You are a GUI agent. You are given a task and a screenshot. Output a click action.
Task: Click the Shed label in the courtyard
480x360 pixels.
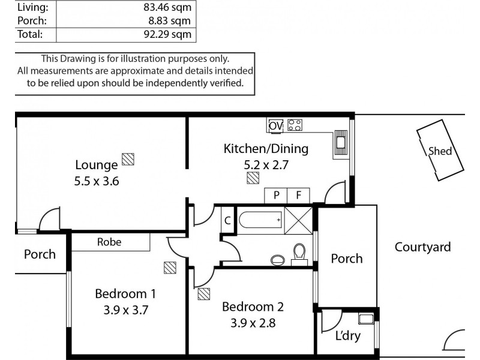[440, 152]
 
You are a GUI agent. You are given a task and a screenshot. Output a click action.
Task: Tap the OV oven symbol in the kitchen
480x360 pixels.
[275, 125]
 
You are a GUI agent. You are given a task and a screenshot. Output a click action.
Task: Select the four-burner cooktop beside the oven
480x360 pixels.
[295, 125]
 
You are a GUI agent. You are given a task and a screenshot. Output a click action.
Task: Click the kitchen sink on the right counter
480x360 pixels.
[341, 143]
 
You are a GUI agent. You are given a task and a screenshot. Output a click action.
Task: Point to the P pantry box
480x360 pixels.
[276, 196]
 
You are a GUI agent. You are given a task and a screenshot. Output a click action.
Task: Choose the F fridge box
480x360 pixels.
[298, 196]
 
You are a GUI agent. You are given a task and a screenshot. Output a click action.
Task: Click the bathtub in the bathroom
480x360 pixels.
[260, 220]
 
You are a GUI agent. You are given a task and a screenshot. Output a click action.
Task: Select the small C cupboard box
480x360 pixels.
[227, 220]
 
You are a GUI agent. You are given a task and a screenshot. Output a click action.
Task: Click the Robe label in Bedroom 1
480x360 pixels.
[109, 242]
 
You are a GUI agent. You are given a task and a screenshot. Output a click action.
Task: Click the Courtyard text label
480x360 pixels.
[422, 247]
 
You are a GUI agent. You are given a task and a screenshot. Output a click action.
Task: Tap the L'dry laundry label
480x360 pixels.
[348, 336]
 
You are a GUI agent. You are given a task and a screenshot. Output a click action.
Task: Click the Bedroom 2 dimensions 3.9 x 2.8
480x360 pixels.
[253, 322]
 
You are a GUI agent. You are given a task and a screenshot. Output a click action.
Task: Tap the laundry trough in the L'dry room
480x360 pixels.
[365, 319]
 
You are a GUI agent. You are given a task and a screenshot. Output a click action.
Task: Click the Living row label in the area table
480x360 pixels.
[28, 8]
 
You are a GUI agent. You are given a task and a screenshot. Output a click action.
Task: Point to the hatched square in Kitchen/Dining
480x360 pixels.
[253, 178]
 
